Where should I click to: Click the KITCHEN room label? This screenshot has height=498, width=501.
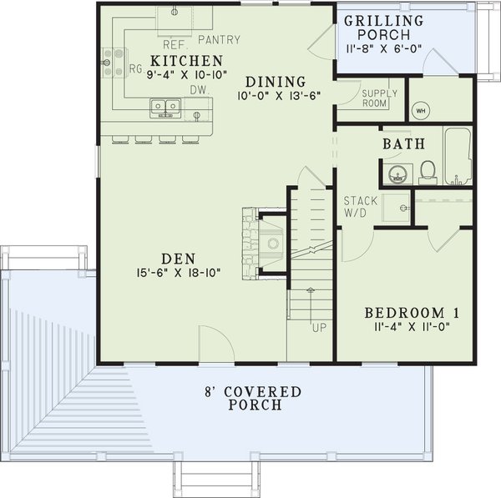pos(186,61)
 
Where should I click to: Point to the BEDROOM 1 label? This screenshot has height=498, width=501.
pos(412,313)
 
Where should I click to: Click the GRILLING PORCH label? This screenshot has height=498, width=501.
pos(384,28)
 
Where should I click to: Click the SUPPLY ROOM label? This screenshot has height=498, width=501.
pos(381,99)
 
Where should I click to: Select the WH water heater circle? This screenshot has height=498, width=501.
pos(421,110)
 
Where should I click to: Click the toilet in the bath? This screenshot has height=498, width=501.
pos(428,171)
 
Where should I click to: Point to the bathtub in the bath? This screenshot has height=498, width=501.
pos(458,156)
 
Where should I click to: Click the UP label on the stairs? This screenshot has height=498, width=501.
pos(319,327)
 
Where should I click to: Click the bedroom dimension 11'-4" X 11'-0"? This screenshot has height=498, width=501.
pos(412,328)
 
